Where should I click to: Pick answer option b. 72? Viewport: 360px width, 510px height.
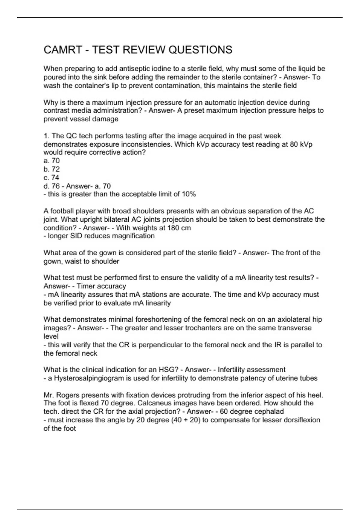[x=52, y=169]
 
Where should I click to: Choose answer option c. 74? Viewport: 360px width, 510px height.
[x=52, y=178]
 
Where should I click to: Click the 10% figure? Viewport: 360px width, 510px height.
[x=189, y=194]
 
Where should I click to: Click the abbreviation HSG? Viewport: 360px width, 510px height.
[x=171, y=370]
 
